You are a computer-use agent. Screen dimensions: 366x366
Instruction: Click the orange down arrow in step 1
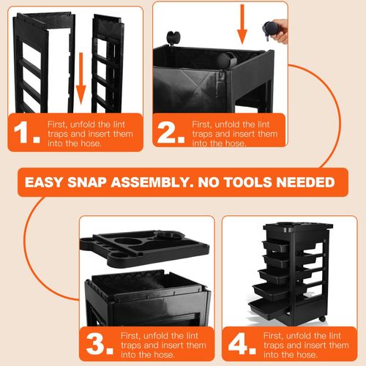[81, 78]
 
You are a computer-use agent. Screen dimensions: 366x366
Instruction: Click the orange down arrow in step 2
[242, 24]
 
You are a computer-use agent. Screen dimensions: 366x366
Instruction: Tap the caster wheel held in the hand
[269, 30]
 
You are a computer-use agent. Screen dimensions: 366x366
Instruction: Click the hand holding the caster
[280, 31]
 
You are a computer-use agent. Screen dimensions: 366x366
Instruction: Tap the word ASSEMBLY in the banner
[152, 182]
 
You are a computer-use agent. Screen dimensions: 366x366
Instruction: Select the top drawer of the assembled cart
[277, 245]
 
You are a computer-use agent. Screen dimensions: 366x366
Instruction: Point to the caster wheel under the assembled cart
[322, 318]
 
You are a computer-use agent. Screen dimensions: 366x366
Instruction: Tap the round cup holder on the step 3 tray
[170, 236]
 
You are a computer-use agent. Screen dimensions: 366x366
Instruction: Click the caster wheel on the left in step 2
[173, 38]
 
